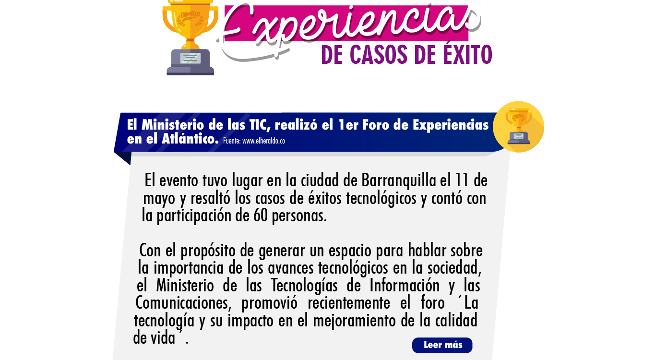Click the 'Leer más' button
(442, 345)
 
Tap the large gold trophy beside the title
(190, 37)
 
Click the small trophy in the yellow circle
(518, 126)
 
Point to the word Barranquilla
(399, 181)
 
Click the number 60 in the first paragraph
(260, 216)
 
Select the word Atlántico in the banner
(190, 139)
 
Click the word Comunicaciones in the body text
(183, 303)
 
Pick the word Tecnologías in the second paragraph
(304, 286)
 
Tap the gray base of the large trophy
(190, 62)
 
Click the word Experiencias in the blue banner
(451, 125)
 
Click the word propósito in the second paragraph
(208, 251)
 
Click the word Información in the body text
(405, 286)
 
